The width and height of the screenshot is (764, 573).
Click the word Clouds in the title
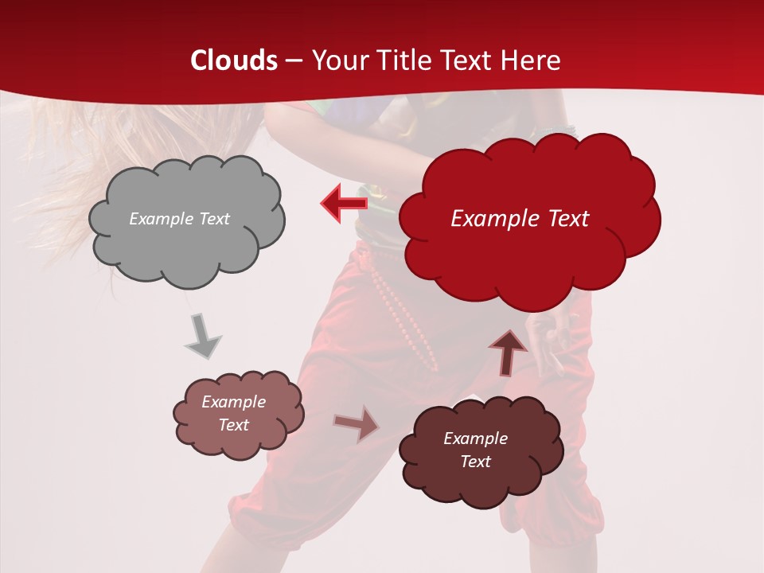point(234,60)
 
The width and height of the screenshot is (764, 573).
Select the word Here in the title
point(531,60)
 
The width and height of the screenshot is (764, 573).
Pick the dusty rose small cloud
point(239,442)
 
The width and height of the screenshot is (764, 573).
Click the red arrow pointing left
point(343,203)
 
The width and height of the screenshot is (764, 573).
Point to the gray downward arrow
point(203,337)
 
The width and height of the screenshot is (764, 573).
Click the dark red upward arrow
point(509,352)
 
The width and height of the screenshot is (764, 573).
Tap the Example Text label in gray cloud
point(179,219)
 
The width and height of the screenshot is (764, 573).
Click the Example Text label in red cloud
point(520,219)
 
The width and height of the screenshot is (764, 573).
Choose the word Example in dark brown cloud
point(475,439)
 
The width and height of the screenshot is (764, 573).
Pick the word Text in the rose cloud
point(234,425)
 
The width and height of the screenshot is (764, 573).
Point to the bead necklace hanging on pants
point(406,318)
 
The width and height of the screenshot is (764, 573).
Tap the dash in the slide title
point(293,60)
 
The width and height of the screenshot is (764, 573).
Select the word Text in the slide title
point(470,60)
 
